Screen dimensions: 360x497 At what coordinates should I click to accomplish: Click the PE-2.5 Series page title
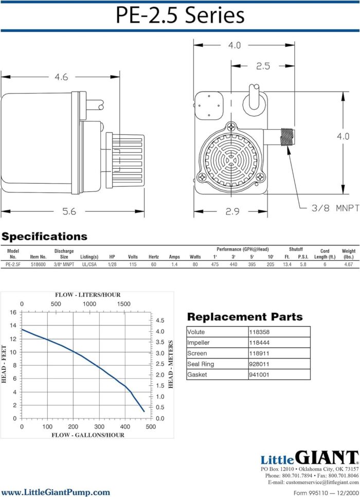tap(180, 15)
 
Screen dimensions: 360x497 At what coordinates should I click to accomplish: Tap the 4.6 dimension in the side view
tap(61, 77)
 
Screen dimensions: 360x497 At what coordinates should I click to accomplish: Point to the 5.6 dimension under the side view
tap(69, 211)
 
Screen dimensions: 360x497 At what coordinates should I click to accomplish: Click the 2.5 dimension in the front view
tap(263, 66)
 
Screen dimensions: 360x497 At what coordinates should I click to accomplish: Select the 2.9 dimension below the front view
tap(232, 211)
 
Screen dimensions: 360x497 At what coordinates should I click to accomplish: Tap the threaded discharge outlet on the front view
tap(287, 137)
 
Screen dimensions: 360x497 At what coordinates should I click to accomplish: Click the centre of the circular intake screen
tap(231, 161)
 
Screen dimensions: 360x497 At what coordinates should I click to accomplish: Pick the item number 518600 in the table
tap(38, 264)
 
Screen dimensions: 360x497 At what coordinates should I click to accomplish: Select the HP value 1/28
tap(112, 264)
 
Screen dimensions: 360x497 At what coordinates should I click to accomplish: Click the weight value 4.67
tap(348, 264)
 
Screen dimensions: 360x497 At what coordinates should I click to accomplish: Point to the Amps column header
tap(174, 257)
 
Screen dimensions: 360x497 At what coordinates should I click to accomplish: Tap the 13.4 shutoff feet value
tap(287, 264)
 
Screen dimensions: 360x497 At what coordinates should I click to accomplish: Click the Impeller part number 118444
tap(259, 343)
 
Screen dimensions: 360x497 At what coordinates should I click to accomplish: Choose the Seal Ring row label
tap(201, 364)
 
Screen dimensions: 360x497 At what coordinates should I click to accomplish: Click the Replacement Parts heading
tap(245, 316)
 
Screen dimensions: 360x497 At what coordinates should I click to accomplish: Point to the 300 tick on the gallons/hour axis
tap(99, 427)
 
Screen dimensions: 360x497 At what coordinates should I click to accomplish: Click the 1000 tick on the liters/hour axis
tap(89, 304)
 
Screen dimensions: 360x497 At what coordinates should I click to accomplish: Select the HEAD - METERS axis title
tap(171, 364)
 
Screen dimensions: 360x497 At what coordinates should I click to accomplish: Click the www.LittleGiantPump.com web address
tap(56, 492)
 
